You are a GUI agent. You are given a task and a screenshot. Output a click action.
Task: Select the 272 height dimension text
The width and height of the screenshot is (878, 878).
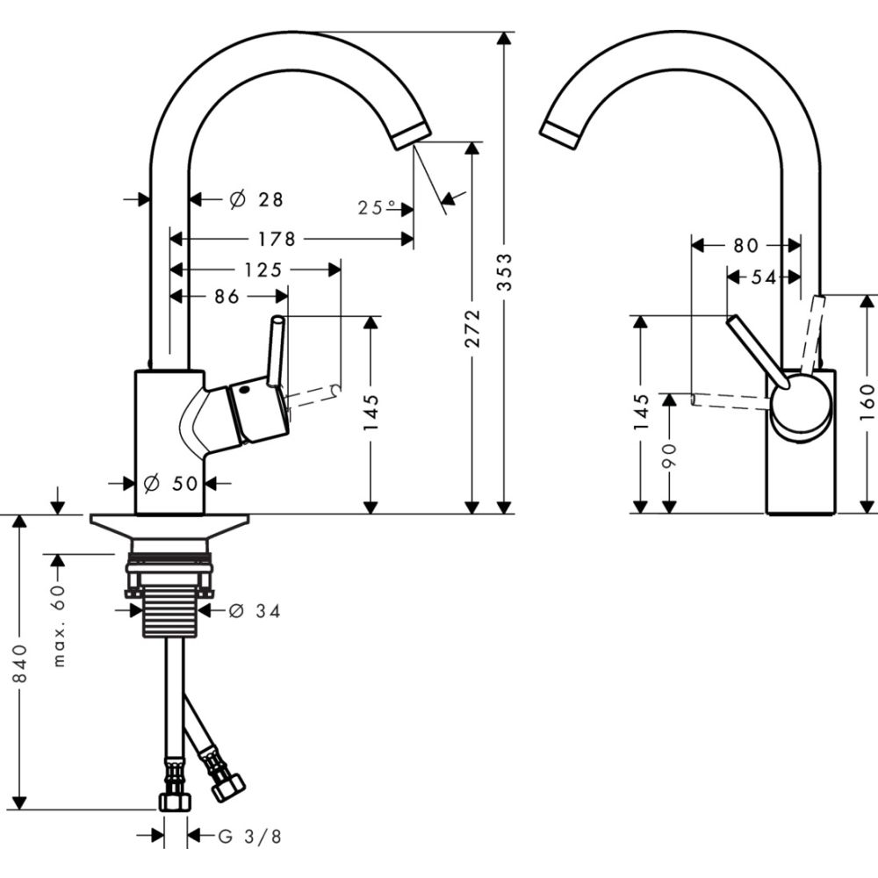click(472, 327)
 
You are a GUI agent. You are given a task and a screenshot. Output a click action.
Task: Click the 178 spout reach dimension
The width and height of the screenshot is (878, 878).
click(277, 239)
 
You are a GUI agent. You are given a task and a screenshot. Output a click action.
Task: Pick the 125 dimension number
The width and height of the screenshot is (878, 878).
click(263, 270)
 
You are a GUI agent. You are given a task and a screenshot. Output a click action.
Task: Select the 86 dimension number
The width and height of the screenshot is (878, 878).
click(226, 297)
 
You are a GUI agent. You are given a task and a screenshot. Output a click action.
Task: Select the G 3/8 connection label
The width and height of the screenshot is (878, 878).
click(250, 837)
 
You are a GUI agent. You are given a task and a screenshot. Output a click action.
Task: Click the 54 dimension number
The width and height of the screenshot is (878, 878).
click(763, 277)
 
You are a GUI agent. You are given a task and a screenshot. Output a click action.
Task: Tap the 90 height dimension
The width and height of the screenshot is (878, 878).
click(670, 454)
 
